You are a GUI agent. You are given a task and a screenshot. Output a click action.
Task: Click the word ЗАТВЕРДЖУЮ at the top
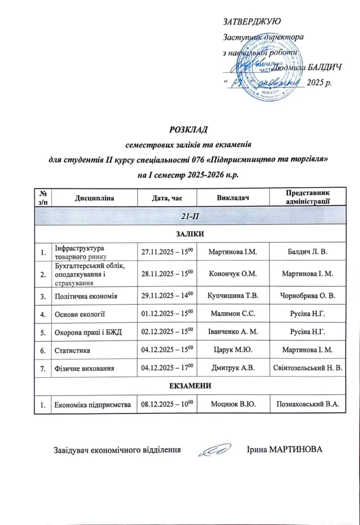(252, 21)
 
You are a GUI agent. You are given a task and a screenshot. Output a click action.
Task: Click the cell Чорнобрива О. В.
(307, 296)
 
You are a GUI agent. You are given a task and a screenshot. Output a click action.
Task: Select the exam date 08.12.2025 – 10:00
(167, 405)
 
